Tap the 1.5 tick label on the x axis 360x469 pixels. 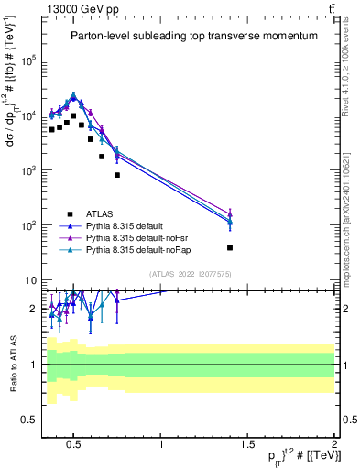(247, 446)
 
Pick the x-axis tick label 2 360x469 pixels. (333, 446)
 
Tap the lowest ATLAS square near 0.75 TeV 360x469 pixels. (117, 175)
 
